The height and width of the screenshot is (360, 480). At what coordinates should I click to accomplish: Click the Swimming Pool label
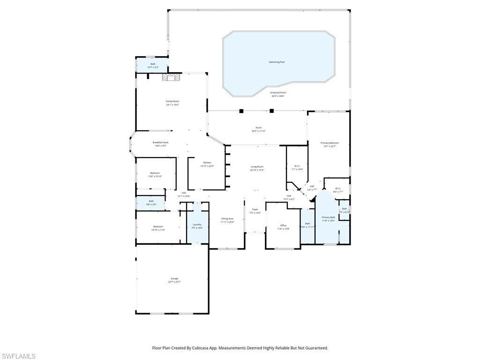coord(277,62)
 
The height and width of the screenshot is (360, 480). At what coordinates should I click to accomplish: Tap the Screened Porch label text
coord(278,93)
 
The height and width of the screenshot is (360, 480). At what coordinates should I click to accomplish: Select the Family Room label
coord(172,101)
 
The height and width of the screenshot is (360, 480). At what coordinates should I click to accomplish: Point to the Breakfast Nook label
coord(161,142)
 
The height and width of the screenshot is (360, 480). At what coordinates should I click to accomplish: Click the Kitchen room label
coord(207,163)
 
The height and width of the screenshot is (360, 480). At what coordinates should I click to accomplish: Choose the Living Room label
coord(257,167)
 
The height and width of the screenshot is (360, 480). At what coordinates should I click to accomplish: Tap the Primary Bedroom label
coord(330,143)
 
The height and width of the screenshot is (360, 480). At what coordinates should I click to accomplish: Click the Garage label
coord(174,278)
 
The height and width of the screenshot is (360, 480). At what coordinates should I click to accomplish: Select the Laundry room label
coord(197,225)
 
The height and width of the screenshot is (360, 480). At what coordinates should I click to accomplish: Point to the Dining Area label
coord(227,218)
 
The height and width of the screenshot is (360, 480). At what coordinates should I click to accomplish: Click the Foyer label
coord(255,210)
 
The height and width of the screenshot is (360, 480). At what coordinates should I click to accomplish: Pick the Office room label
coord(283,225)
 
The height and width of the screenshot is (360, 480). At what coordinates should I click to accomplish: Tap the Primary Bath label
coord(328,217)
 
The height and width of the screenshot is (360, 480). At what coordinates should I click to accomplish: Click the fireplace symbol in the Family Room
coord(171,78)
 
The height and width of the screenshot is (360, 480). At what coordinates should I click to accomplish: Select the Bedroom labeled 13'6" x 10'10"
coord(155,173)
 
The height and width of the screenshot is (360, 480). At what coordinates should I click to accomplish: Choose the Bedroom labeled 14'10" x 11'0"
coord(158,226)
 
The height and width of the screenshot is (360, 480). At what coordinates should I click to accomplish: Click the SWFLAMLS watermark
coord(18,356)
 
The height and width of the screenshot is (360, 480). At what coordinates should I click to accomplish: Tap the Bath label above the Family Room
coord(153,64)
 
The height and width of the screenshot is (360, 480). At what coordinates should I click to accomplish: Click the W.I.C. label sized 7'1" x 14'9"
coord(298,166)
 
